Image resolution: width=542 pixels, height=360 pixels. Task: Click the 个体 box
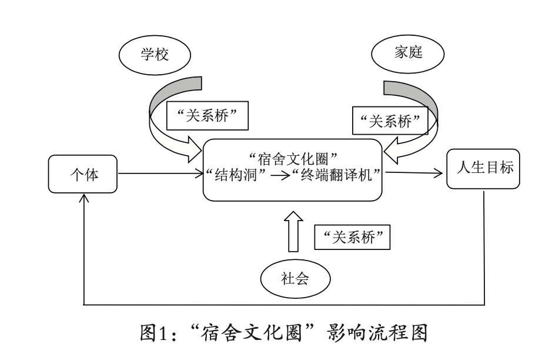pyautogui.click(x=83, y=174)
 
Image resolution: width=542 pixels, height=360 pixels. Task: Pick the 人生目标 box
pyautogui.click(x=483, y=169)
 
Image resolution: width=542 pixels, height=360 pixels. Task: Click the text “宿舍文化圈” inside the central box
pyautogui.click(x=292, y=158)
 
